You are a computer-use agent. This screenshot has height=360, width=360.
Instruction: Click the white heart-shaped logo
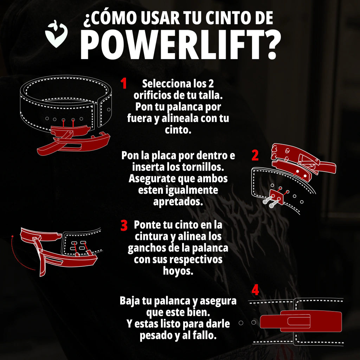(56, 34)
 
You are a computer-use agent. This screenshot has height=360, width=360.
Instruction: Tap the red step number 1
(124, 83)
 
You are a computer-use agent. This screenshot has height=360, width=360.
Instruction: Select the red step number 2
(255, 155)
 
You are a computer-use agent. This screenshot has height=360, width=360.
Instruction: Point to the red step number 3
(124, 225)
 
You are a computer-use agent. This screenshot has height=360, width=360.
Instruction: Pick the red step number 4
(255, 290)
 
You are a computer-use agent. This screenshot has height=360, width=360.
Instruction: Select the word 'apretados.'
(178, 201)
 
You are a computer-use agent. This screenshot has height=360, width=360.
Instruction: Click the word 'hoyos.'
(178, 271)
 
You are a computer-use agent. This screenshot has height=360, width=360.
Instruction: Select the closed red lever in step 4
(301, 321)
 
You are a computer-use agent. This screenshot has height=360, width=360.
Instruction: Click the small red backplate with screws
(276, 197)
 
